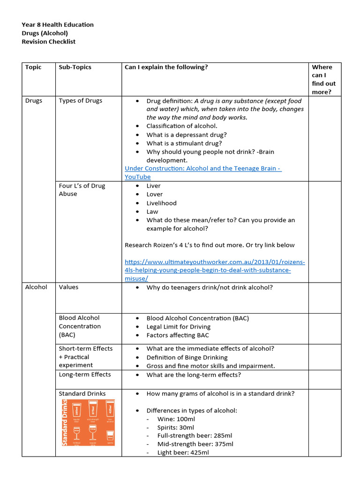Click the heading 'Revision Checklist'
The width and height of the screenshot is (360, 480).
[x=48, y=42]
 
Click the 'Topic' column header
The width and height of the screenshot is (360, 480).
[x=33, y=67]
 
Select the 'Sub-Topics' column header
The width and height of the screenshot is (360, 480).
[x=75, y=67]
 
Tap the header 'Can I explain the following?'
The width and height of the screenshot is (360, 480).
[x=166, y=67]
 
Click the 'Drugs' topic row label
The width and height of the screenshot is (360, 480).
[x=34, y=101]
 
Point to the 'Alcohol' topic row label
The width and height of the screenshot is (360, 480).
[x=36, y=287]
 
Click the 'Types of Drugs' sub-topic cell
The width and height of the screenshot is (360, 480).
[x=80, y=101]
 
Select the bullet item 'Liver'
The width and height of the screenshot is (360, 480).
[x=153, y=186]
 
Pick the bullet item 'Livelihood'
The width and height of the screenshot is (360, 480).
[x=161, y=203]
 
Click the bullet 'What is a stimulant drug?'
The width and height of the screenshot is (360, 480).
[x=184, y=143]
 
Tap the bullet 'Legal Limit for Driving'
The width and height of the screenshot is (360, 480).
[x=178, y=327]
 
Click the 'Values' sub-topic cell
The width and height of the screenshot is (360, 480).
[x=68, y=287]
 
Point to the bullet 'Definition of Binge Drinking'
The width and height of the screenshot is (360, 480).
[x=187, y=357]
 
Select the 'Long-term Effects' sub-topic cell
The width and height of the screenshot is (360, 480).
[x=85, y=375]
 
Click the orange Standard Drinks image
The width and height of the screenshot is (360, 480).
[x=88, y=422]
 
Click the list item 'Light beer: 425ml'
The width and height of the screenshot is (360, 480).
[x=177, y=453]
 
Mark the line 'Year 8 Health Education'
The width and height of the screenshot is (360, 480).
[x=58, y=25]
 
